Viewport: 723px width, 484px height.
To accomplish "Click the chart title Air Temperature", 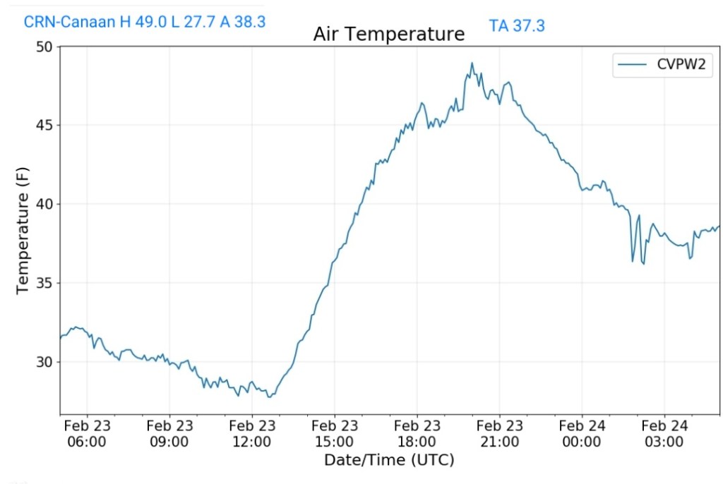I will coord(389,34).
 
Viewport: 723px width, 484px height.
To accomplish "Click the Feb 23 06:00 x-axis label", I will coord(87,434).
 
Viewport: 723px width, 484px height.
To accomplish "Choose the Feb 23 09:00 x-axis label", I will coord(169,434).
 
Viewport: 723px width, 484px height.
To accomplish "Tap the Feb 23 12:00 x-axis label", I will coord(252,434).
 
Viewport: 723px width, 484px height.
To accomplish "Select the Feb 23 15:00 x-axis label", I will coord(335,434).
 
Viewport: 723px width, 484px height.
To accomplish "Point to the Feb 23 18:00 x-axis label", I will coord(417,434).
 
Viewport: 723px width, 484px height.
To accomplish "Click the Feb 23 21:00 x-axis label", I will coord(500,434).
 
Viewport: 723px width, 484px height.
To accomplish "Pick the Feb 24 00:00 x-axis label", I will coord(582,434).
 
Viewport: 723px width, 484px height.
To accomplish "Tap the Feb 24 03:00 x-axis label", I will coord(665,434).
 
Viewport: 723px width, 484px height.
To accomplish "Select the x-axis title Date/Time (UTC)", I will coord(389,460).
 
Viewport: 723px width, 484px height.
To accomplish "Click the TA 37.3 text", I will coord(517,26).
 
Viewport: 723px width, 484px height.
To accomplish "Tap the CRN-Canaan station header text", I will coord(145,22).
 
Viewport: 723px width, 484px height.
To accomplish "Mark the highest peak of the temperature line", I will coord(472,63).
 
